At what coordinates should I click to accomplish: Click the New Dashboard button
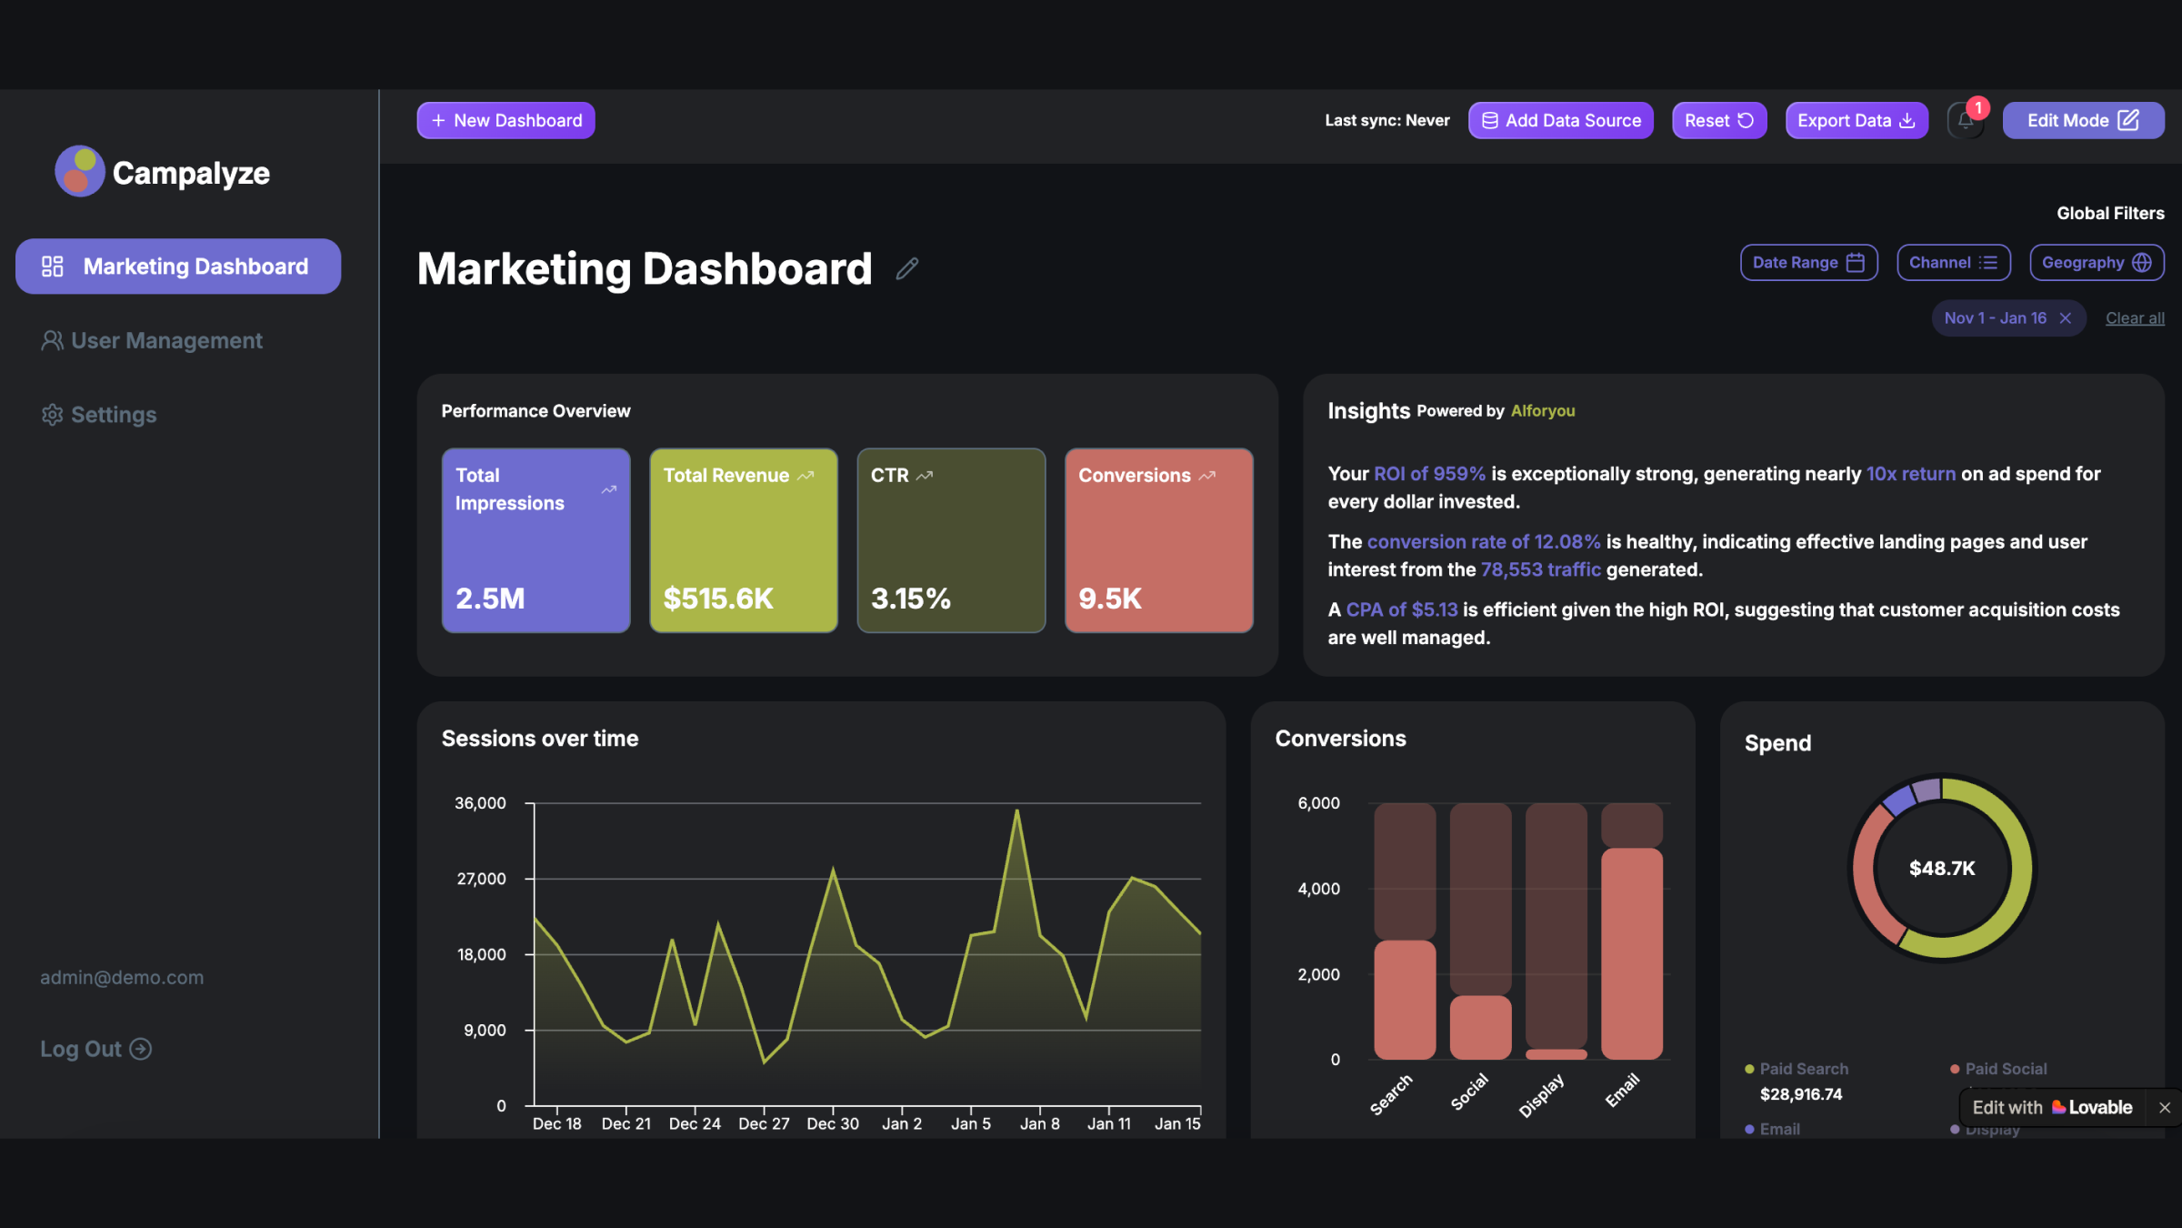tap(505, 120)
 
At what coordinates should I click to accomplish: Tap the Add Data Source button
tap(1560, 120)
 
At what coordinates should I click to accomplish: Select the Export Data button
tap(1856, 120)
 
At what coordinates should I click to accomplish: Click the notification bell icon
tap(1965, 121)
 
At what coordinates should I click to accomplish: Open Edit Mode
tap(2082, 120)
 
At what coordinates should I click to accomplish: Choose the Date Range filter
tap(1807, 263)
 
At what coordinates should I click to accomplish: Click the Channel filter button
tap(1952, 263)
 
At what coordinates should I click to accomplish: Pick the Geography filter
tap(2096, 263)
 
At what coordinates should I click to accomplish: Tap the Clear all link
tap(2134, 318)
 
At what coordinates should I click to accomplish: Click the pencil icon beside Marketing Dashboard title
tap(906, 268)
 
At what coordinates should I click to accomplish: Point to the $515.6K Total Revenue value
tap(718, 599)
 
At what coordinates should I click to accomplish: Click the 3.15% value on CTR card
tap(910, 599)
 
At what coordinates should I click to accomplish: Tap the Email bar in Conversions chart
tap(1631, 951)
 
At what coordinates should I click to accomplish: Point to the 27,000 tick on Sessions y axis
tap(481, 879)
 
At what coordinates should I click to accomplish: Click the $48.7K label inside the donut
tap(1941, 868)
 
